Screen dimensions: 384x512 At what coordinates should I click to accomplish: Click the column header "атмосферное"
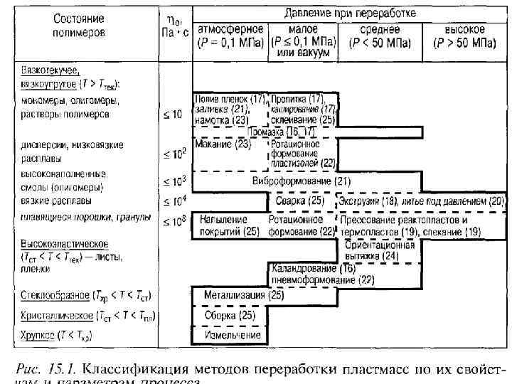[230, 30]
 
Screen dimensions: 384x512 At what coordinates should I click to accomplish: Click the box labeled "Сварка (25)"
[300, 202]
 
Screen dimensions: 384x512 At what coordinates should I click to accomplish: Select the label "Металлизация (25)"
[234, 295]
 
